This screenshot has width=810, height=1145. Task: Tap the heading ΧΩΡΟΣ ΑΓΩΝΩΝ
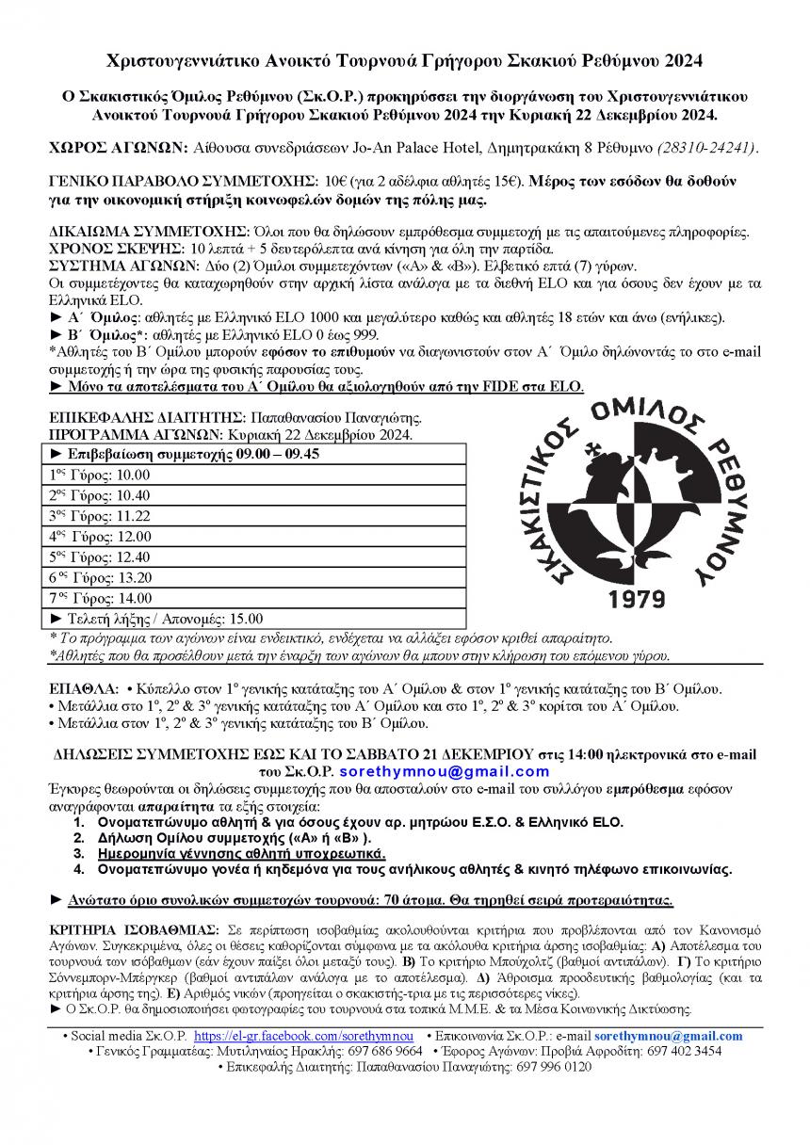point(118,148)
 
